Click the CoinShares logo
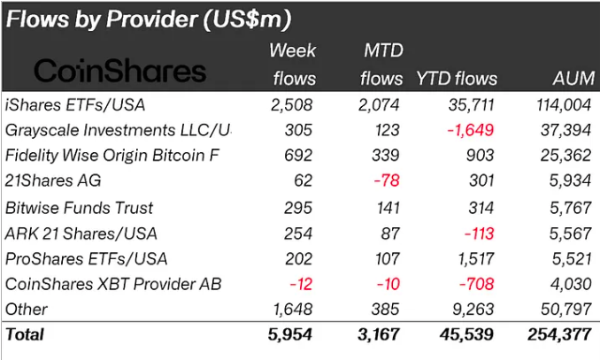119,71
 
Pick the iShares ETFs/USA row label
75,105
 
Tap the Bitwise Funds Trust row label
80,208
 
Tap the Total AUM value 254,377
560,335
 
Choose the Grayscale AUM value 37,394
566,131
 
